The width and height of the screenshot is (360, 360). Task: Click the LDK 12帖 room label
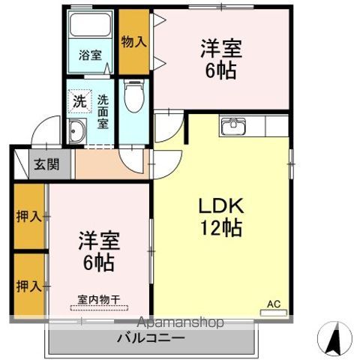coord(220,216)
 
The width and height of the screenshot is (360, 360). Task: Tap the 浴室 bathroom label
coord(91,55)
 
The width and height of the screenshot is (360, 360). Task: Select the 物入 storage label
coord(133,42)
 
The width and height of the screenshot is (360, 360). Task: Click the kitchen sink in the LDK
coord(234,126)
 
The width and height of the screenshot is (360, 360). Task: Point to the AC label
coord(274,304)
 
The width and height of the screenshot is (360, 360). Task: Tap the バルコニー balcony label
coord(150,338)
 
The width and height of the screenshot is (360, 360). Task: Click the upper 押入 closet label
coord(28,217)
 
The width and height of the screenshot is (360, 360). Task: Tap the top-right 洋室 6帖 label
coord(220,58)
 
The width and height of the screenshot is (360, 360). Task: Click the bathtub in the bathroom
coord(91,29)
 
